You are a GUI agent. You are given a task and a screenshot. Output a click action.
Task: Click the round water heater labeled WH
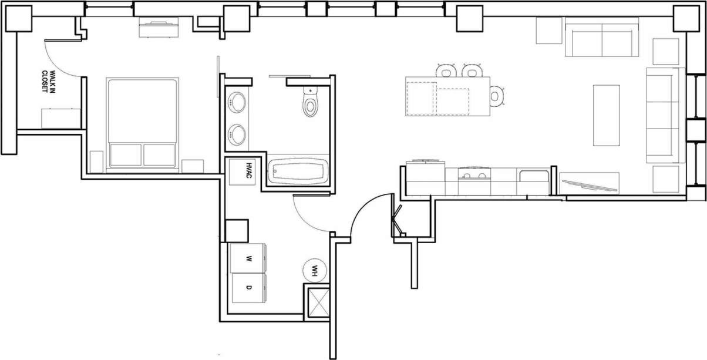314,271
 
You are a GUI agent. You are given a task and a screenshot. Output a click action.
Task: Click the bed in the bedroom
143,123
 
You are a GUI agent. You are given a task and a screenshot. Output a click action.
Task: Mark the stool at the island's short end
497,96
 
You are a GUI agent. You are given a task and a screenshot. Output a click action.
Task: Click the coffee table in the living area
606,115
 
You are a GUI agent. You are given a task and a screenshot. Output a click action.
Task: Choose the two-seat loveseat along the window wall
602,40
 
